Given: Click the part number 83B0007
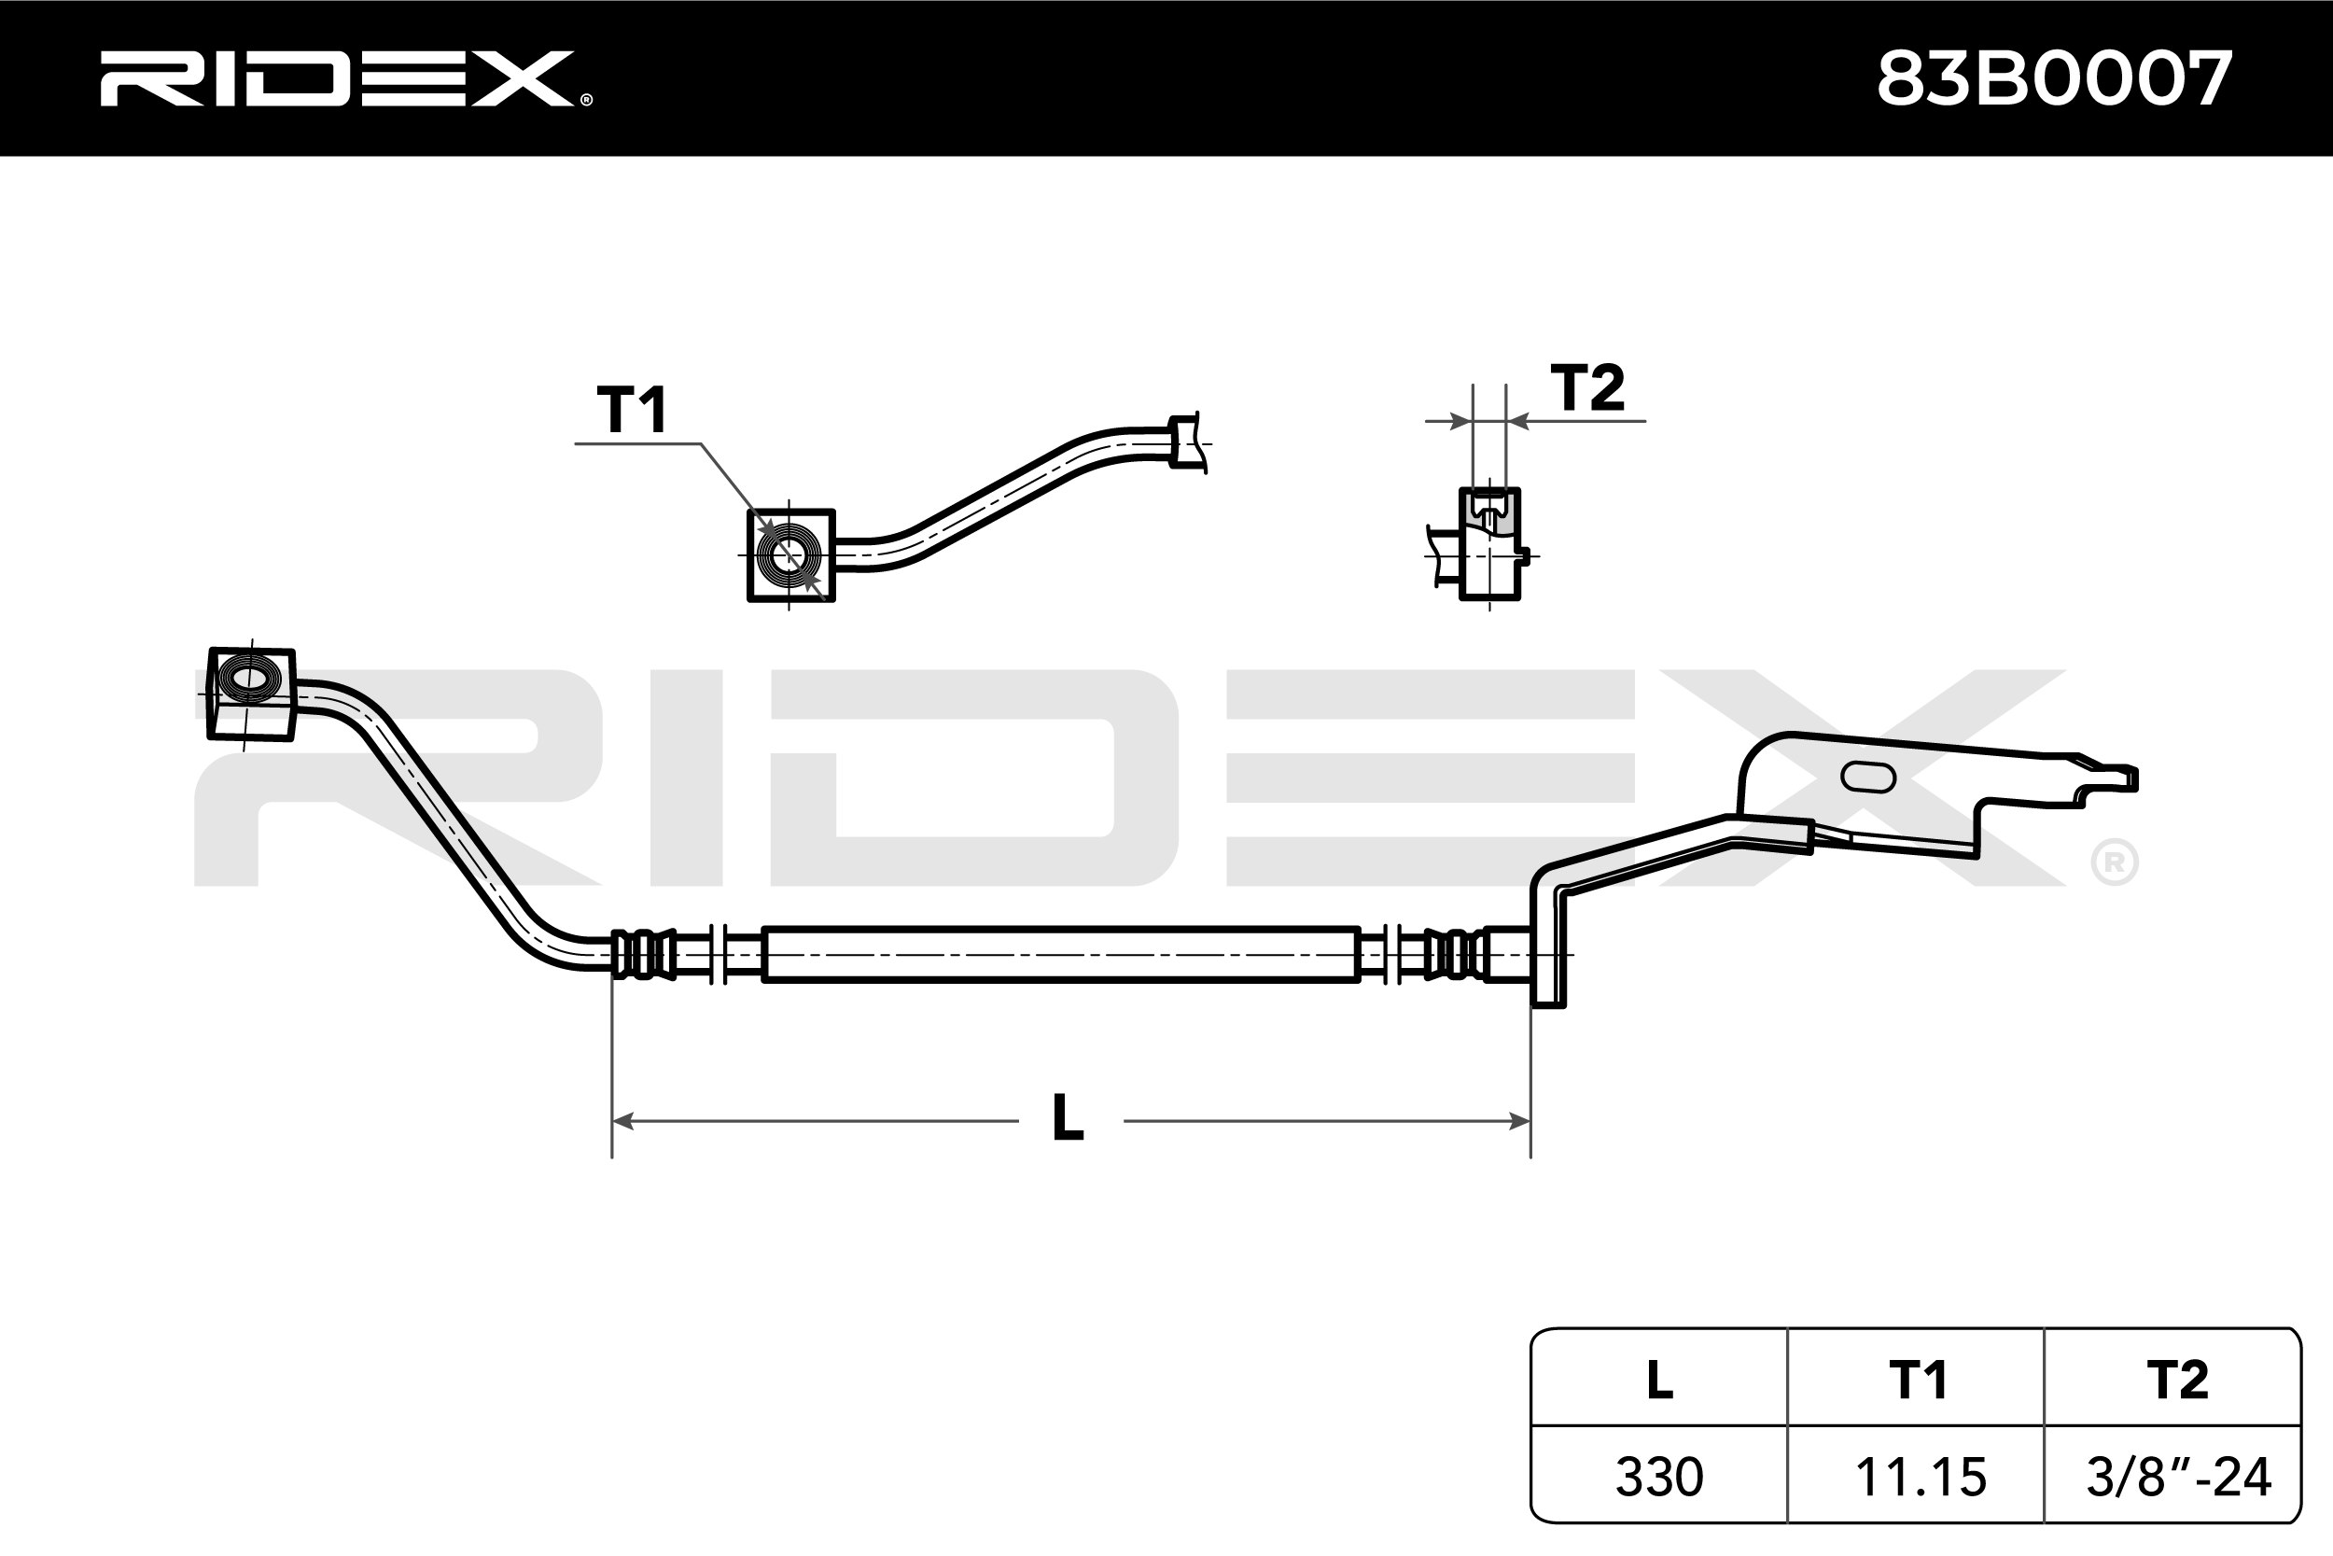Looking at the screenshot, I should tap(2053, 79).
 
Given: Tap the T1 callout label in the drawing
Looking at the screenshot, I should tap(632, 410).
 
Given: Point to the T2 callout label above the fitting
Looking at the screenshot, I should tap(1587, 388).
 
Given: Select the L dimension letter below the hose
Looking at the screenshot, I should tap(1068, 1118).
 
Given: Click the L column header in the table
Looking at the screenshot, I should tap(1659, 1381).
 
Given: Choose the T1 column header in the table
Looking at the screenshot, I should tap(1918, 1381).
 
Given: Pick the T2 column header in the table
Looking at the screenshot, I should tap(2177, 1381).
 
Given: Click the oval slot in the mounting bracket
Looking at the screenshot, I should tap(1867, 777).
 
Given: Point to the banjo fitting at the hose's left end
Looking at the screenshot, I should tap(250, 693).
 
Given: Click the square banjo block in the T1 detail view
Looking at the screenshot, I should tap(790, 555).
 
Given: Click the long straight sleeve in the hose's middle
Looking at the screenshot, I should tap(1059, 955).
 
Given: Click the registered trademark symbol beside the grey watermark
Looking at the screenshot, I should tap(2114, 863).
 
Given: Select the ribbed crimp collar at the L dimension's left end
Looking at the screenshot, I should tap(645, 955).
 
